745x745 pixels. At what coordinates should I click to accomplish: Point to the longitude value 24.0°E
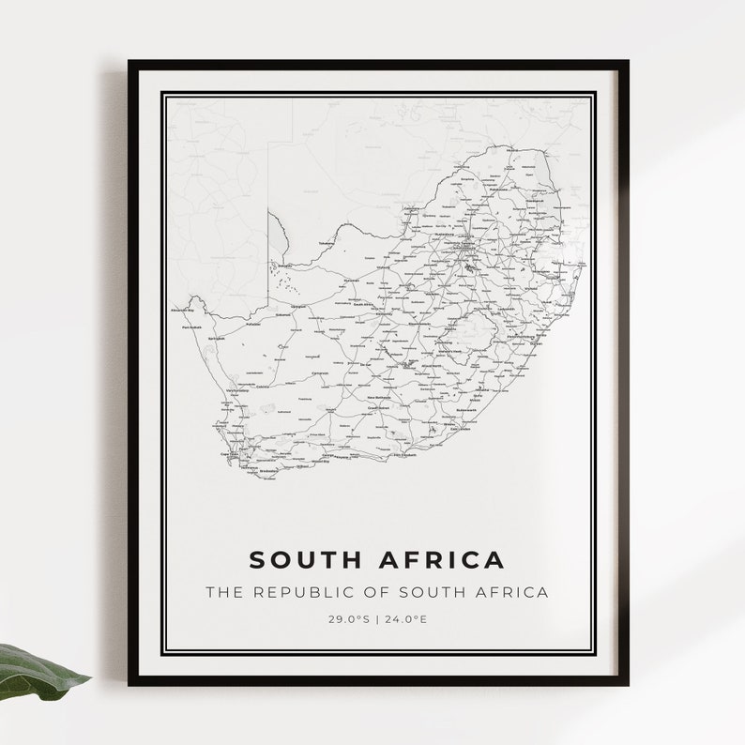[405, 619]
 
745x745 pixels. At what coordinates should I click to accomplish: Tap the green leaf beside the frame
[38, 670]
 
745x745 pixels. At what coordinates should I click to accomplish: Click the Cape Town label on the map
[228, 454]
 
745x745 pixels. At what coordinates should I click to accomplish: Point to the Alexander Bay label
[182, 310]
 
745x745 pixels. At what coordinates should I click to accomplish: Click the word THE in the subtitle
[223, 592]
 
